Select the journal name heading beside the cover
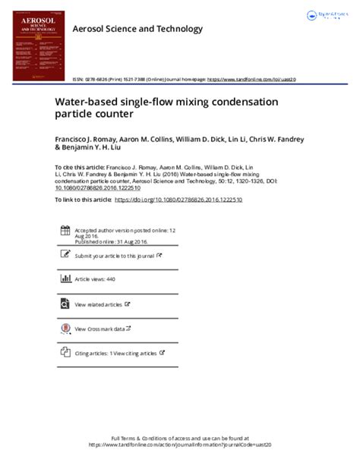(137, 29)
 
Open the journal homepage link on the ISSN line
(251, 79)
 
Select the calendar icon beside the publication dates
(63, 231)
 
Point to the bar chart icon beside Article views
(63, 279)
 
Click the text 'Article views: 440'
(95, 280)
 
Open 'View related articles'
(99, 304)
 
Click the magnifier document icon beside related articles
(63, 304)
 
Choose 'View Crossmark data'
(101, 329)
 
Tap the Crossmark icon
(63, 329)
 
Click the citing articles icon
(63, 353)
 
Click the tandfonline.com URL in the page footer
(179, 445)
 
